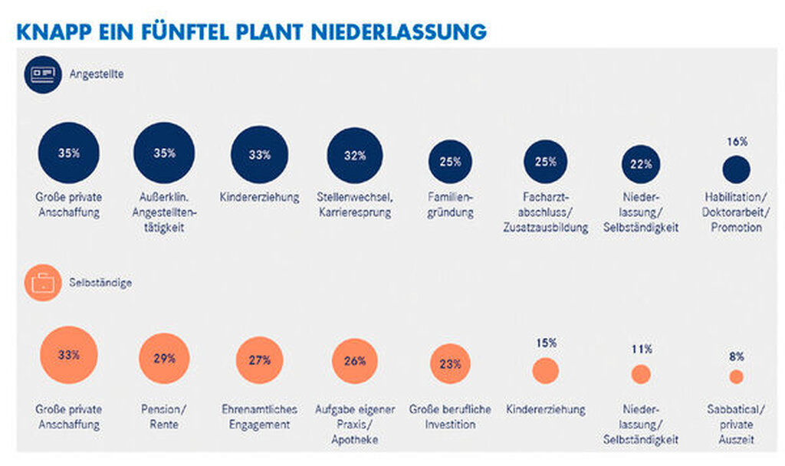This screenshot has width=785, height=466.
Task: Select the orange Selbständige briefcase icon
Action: pos(41,283)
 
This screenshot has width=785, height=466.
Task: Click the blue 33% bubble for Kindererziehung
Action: pos(260,155)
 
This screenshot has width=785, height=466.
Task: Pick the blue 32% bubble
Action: pos(354,156)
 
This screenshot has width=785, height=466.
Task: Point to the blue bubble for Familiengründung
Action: pos(450,162)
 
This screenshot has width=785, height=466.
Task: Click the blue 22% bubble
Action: pos(641,164)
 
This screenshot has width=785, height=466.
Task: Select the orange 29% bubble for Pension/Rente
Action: pos(164,359)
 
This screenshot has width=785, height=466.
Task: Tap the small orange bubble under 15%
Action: pos(545,371)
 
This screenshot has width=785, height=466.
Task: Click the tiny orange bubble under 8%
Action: pos(736,376)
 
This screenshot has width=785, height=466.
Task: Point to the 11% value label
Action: pos(641,349)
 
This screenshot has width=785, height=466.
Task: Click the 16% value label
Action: pos(736,142)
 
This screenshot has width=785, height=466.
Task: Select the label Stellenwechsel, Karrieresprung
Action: pos(354,205)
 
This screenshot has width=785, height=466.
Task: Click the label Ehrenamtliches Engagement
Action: pos(259,417)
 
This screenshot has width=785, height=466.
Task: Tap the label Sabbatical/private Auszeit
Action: pos(736,425)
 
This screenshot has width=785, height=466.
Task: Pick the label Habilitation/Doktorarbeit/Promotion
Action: pos(736,212)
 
